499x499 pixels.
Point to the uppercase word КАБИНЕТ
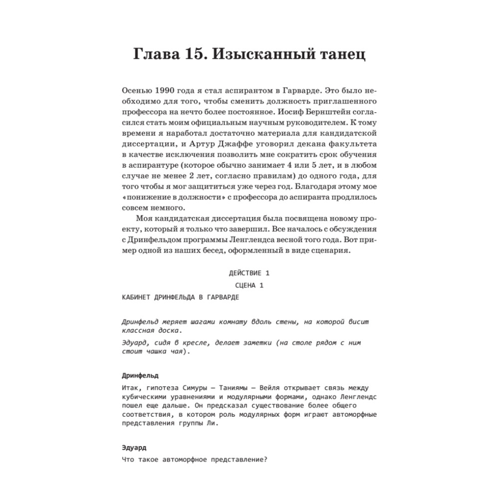pyautogui.click(x=136, y=297)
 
